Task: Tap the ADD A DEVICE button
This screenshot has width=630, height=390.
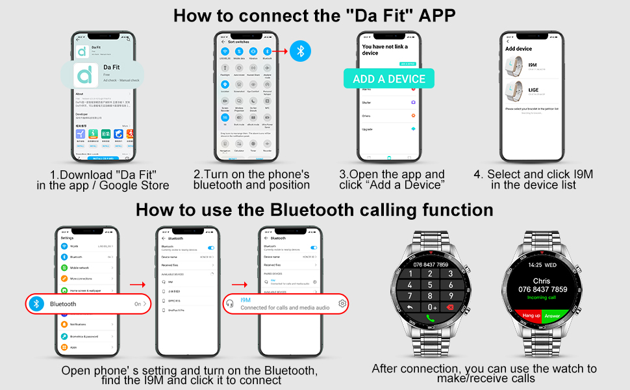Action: (388, 79)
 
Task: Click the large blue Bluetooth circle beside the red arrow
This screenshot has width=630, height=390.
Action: (300, 50)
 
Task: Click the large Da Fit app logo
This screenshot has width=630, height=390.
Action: (85, 73)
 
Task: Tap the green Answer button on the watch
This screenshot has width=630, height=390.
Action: (552, 315)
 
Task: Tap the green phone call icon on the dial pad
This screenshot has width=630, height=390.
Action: (429, 318)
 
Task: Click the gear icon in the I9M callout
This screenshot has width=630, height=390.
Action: (342, 304)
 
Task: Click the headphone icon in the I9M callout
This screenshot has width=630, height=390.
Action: (229, 304)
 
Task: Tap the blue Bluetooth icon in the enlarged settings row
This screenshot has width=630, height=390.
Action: (38, 304)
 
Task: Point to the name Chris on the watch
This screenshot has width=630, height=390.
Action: (541, 281)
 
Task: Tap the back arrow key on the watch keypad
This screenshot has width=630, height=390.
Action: (410, 307)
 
